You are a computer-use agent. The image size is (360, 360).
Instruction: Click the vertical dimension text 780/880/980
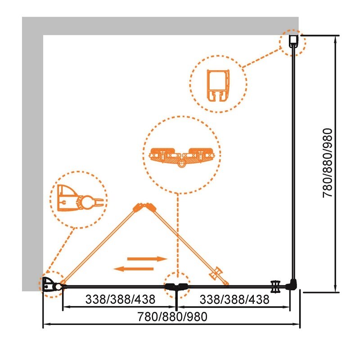pos(328,163)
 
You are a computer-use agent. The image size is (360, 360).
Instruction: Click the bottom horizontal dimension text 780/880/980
pos(172,317)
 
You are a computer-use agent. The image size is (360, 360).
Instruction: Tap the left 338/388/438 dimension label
pos(120,299)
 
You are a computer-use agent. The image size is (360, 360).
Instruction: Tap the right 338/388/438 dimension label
pos(234,299)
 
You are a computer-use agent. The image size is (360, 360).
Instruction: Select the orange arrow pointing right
pos(148,259)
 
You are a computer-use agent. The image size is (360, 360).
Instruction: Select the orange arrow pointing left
pos(134,269)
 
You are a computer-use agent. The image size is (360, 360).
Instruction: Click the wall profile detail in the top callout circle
pos(218,85)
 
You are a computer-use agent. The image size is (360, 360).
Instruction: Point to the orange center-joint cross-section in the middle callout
pos(182,157)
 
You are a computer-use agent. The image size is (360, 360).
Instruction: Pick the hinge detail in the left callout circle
pos(81,198)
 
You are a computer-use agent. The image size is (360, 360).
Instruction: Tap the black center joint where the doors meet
pos(177,286)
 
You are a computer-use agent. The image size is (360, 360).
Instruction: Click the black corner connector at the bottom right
pos(292,285)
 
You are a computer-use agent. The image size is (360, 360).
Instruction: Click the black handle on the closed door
pos(275,287)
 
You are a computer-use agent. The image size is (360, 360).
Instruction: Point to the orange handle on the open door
pos(216,274)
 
